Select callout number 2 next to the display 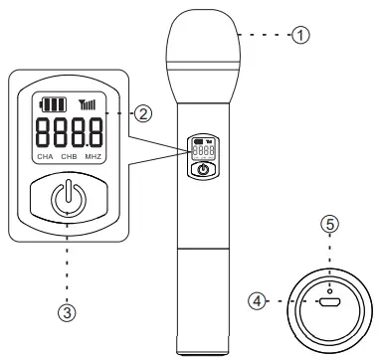pyautogui.click(x=144, y=113)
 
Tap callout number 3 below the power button pyautogui.click(x=65, y=312)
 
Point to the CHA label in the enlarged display pyautogui.click(x=44, y=157)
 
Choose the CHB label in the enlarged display pyautogui.click(x=70, y=157)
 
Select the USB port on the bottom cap pyautogui.click(x=330, y=297)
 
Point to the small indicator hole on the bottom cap pyautogui.click(x=330, y=263)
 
